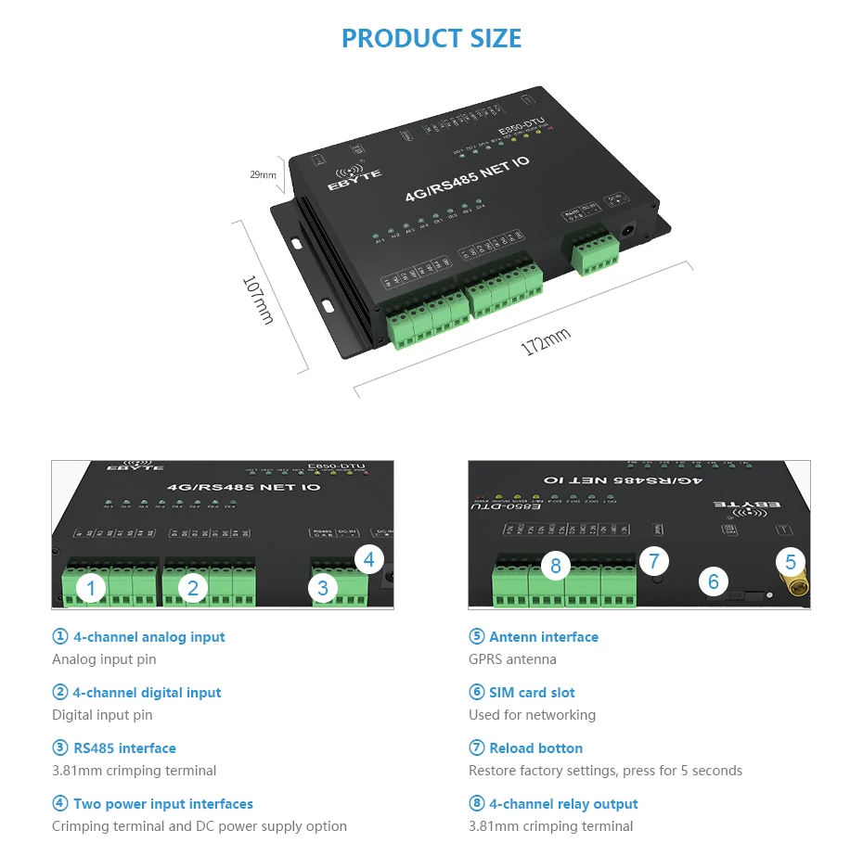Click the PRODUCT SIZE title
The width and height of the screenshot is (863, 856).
coord(431,38)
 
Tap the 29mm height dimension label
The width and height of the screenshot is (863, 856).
coord(264,174)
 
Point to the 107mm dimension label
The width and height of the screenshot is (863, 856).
coord(259,300)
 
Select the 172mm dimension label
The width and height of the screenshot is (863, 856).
coord(546,341)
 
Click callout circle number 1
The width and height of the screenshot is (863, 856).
coord(91,587)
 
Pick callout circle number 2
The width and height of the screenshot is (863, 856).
coord(193,587)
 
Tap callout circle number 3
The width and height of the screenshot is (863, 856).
coord(322,587)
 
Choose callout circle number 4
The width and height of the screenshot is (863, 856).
coord(368,559)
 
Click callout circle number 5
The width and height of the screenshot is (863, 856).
coord(790,561)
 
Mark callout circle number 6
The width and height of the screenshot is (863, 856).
coord(713,581)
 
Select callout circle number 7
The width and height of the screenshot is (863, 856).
coord(654,560)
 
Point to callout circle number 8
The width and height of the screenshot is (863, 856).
coord(555,565)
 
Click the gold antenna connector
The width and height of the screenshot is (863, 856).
coord(792,584)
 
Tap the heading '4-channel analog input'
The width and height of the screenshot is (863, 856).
coord(148,637)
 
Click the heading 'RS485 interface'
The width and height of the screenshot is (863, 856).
coord(123,748)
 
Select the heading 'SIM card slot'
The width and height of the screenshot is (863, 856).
coord(532,693)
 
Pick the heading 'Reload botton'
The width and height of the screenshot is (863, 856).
coord(535,748)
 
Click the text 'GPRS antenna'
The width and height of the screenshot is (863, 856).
coord(512,659)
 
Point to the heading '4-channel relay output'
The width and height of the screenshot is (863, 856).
coord(563,804)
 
